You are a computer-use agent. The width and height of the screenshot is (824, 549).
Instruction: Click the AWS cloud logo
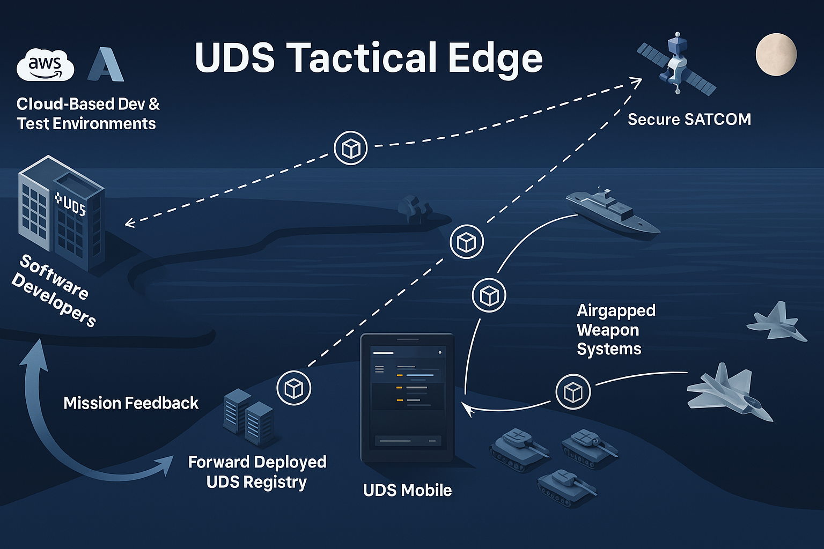pos(46,65)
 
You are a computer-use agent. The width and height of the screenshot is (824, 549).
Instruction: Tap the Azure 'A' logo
pos(106,65)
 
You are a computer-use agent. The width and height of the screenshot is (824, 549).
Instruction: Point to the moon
pos(776,54)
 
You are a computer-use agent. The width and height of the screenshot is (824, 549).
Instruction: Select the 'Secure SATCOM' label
pos(689,119)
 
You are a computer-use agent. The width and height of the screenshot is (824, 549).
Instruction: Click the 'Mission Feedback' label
pos(131,403)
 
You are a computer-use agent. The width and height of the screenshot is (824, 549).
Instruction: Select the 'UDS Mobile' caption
pos(407,490)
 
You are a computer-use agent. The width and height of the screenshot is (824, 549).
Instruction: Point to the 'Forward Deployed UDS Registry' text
pos(257,472)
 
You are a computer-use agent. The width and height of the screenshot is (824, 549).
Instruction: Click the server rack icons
pos(248,418)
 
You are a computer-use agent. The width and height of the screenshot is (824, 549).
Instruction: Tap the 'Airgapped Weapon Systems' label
pos(615,330)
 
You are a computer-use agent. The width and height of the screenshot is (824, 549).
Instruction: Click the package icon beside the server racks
pos(293,388)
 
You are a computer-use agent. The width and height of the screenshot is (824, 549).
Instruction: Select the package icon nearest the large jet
pos(573,392)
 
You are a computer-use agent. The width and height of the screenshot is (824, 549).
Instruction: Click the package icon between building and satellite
pos(351,148)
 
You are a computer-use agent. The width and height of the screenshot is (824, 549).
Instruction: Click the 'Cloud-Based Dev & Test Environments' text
pos(88,114)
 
